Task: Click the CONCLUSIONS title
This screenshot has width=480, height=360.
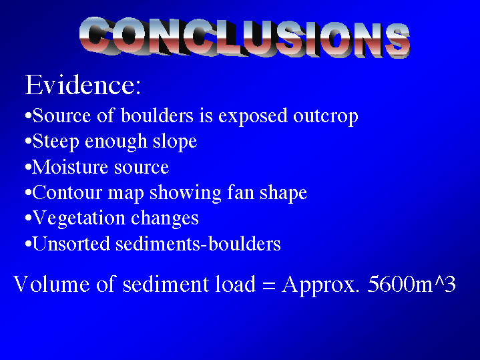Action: (244, 37)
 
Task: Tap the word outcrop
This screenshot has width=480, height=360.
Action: (325, 116)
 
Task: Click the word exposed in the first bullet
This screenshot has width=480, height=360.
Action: (253, 116)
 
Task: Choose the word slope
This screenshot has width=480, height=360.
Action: (175, 142)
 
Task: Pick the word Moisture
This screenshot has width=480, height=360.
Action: (70, 167)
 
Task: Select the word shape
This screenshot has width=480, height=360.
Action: (284, 193)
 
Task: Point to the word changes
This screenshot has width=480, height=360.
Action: (165, 219)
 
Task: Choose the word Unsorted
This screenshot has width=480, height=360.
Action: (71, 244)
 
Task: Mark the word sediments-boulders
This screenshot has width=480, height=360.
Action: (198, 244)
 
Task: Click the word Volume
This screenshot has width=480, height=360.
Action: (51, 284)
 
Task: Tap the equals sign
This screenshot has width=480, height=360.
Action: (269, 285)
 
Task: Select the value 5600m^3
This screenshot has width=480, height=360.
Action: (411, 284)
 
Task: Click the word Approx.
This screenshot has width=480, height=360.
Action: (320, 285)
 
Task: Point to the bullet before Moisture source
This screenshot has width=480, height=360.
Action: (28, 168)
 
